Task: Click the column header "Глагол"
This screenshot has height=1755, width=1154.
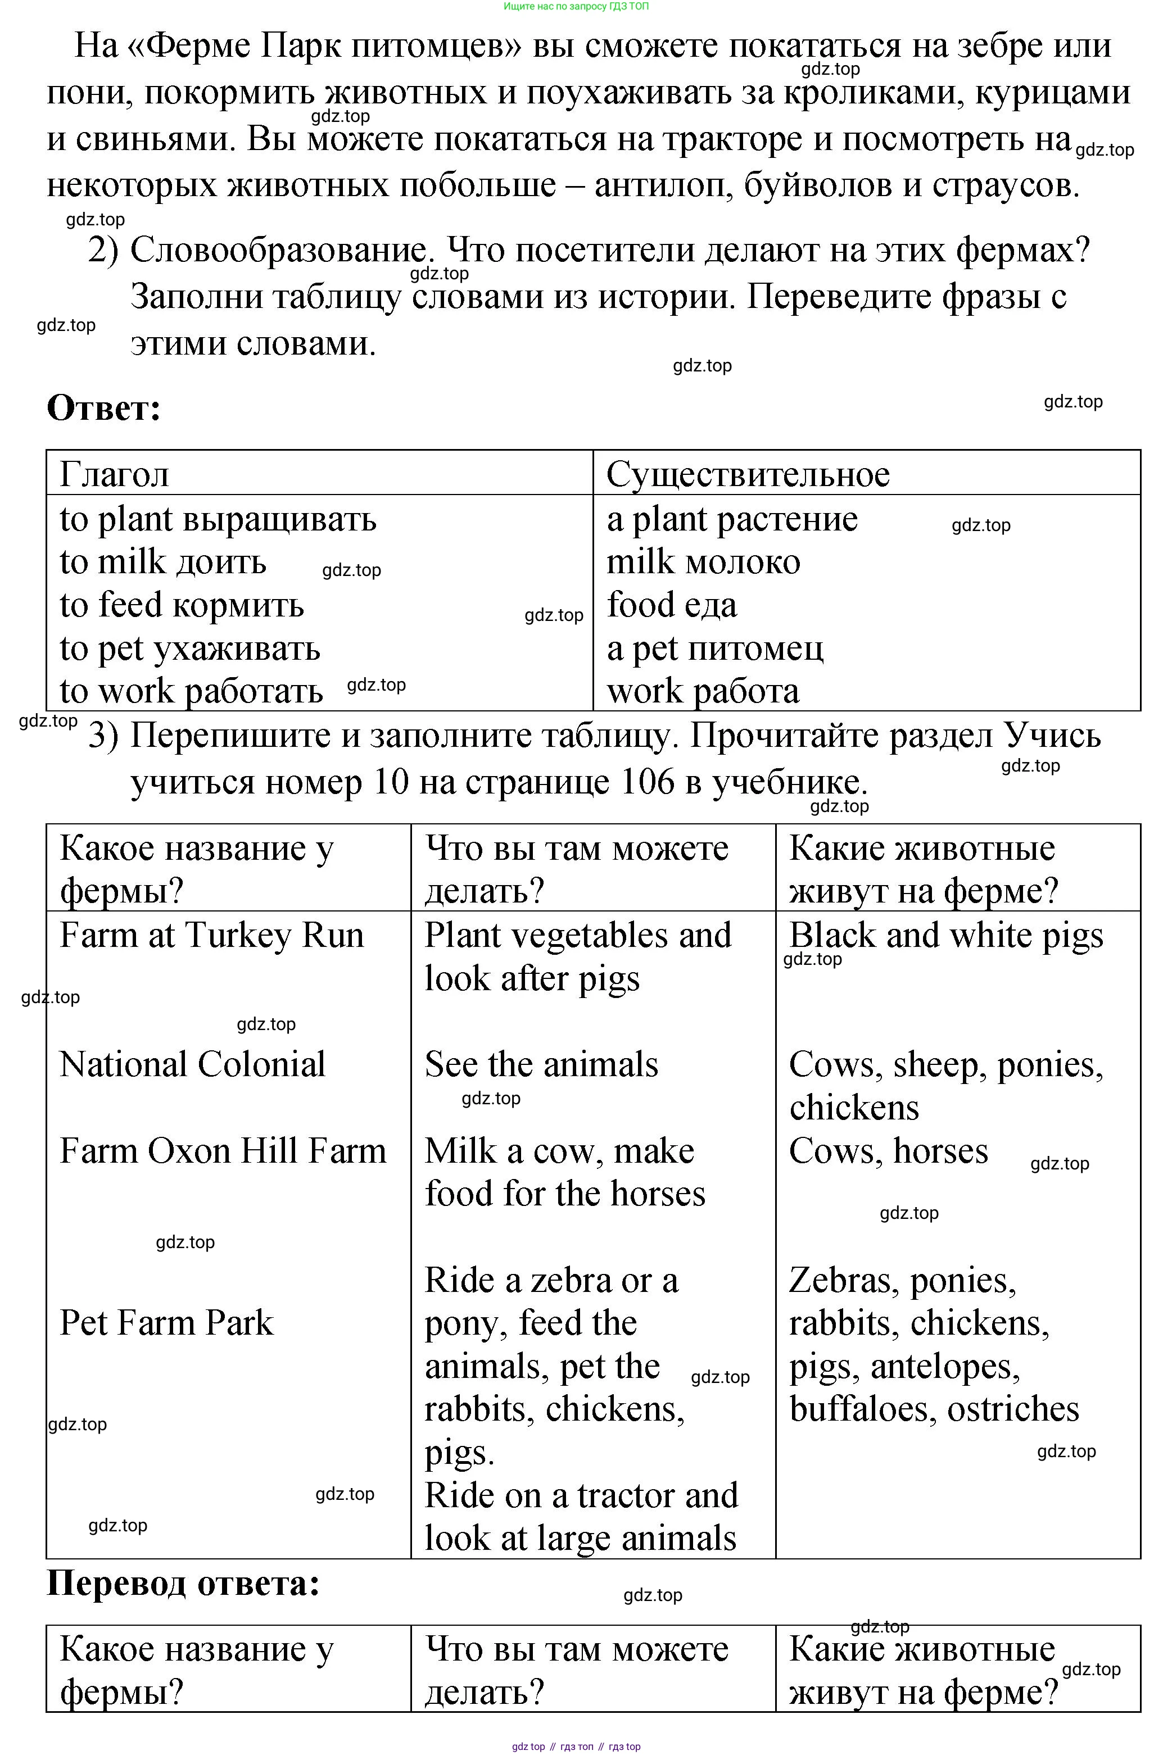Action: pos(114,474)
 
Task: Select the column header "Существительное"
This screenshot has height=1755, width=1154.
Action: pos(748,474)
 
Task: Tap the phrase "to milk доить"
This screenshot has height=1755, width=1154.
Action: pos(163,562)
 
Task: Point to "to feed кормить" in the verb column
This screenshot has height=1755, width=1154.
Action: pos(182,605)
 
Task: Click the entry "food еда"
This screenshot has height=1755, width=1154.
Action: pos(671,605)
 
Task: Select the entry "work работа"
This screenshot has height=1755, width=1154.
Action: pos(703,692)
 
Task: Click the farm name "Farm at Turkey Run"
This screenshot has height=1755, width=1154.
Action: pos(211,936)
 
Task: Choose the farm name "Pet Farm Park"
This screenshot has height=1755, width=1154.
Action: pos(166,1323)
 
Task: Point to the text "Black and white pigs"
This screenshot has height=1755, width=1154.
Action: pos(946,936)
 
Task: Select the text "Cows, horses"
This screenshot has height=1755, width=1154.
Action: pos(888,1151)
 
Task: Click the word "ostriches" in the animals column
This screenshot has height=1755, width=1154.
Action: pos(1012,1409)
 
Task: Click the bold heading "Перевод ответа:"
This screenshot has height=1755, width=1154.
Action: pos(183,1583)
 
